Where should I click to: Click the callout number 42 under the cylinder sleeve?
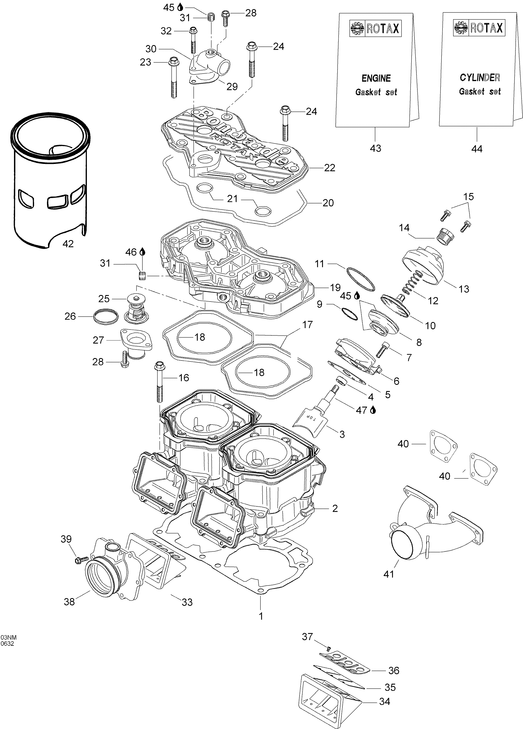pyautogui.click(x=68, y=244)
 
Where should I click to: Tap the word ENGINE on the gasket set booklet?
pyautogui.click(x=376, y=78)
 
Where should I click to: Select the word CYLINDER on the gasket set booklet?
pyautogui.click(x=480, y=77)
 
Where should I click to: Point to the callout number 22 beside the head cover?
pyautogui.click(x=330, y=168)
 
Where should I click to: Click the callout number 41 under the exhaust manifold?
pyautogui.click(x=389, y=574)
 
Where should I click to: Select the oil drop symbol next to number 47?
pyautogui.click(x=373, y=410)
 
